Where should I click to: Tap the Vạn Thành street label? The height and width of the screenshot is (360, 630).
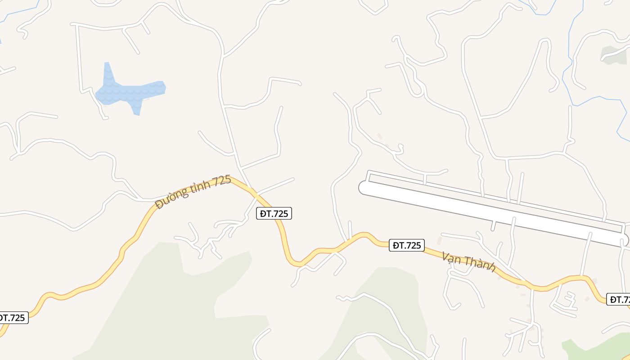click(x=468, y=262)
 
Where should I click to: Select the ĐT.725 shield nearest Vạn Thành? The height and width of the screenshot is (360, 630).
click(x=407, y=245)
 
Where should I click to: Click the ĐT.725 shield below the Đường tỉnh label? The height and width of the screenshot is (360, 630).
click(x=274, y=213)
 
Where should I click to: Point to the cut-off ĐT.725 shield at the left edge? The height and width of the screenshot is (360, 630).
click(x=13, y=318)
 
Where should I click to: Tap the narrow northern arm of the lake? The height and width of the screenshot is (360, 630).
click(x=108, y=72)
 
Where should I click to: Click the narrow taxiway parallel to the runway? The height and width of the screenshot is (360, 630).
click(x=495, y=198)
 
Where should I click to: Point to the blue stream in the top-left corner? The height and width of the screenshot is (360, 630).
click(x=18, y=11)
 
